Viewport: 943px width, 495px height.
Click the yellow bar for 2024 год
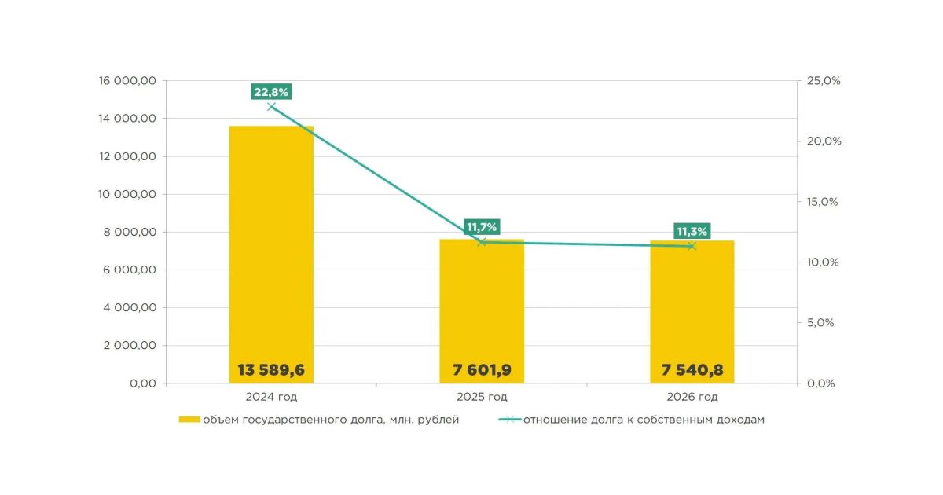[271, 255]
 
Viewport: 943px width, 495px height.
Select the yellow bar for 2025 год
[482, 311]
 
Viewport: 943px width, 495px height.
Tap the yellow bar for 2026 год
[692, 312]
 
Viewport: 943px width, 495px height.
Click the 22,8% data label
[271, 92]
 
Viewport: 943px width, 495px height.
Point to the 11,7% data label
[482, 227]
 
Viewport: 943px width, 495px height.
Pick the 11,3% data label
[692, 231]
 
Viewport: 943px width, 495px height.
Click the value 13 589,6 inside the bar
[271, 370]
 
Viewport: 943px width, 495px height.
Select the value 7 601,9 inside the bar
[482, 370]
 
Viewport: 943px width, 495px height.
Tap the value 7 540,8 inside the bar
[692, 370]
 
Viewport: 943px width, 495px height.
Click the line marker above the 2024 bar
[272, 107]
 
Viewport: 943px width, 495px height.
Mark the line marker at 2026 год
[692, 246]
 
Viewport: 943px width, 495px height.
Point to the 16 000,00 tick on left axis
[127, 80]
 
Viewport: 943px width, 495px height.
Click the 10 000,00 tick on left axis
[127, 194]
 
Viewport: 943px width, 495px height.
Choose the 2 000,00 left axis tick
[130, 345]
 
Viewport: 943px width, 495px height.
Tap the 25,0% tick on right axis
[824, 80]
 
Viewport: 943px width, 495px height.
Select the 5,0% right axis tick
[820, 322]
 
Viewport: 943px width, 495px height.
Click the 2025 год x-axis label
[482, 397]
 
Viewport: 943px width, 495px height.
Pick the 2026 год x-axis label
[692, 397]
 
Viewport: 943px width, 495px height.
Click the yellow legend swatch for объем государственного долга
[189, 420]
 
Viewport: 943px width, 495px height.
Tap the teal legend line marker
[510, 420]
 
